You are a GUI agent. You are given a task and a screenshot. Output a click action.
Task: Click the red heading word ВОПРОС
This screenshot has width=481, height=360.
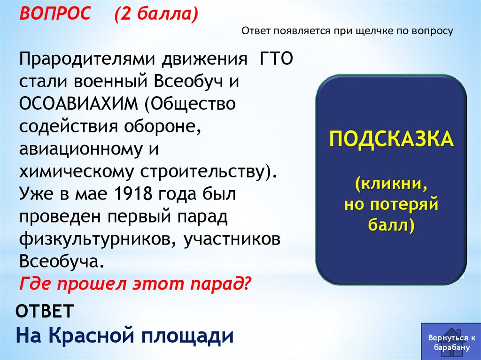[55, 13]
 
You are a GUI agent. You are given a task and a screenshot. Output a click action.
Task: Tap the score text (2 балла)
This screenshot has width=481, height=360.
[156, 14]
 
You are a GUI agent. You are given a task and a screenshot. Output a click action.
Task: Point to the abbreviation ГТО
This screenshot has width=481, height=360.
[276, 59]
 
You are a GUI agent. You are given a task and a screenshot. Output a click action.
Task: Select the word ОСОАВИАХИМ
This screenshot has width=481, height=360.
[79, 104]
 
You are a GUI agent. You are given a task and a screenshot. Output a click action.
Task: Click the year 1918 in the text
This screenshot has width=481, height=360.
[133, 194]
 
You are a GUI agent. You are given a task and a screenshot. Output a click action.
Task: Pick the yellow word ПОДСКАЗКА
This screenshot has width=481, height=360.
[391, 139]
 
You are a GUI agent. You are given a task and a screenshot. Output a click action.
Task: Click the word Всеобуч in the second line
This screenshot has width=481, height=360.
[188, 81]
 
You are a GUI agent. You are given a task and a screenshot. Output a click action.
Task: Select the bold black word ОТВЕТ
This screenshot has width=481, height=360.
[45, 311]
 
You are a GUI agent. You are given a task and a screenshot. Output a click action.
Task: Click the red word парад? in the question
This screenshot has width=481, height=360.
[221, 283]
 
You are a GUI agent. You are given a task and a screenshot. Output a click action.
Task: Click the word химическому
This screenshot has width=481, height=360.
[77, 172]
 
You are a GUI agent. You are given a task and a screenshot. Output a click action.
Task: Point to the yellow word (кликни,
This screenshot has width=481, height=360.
[392, 184]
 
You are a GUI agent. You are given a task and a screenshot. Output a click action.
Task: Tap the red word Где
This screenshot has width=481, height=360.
[36, 283]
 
